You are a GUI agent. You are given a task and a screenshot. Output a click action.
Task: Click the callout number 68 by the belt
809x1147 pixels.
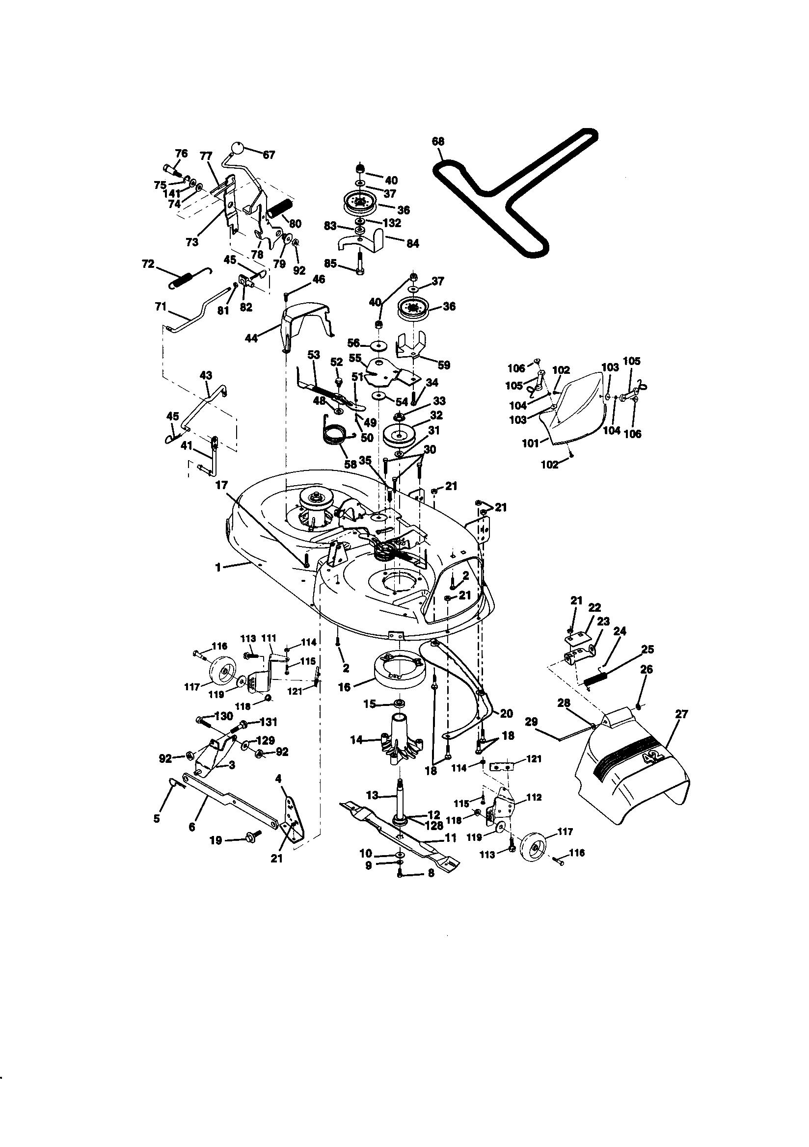click(438, 142)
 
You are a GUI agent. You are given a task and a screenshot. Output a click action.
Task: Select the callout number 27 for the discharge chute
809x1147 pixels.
click(681, 714)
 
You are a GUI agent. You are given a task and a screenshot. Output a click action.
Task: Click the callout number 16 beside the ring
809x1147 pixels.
click(344, 687)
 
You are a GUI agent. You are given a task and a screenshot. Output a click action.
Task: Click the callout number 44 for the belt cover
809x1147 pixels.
click(251, 338)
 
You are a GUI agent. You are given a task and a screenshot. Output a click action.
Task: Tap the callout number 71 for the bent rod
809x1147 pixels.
click(161, 307)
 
